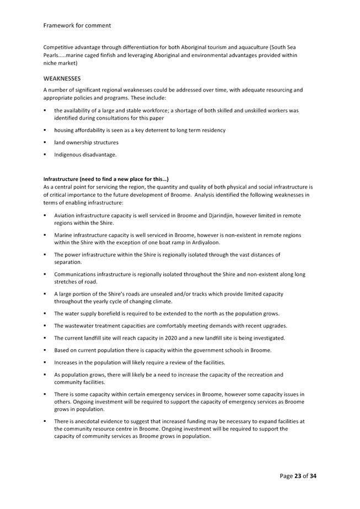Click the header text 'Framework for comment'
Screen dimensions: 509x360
pyautogui.click(x=77, y=25)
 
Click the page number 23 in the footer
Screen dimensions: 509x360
pyautogui.click(x=298, y=476)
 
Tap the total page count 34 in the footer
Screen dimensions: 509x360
pyautogui.click(x=313, y=476)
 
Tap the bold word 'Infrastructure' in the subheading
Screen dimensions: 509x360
pyautogui.click(x=61, y=179)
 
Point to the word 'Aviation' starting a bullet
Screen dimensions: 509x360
pyautogui.click(x=65, y=216)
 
